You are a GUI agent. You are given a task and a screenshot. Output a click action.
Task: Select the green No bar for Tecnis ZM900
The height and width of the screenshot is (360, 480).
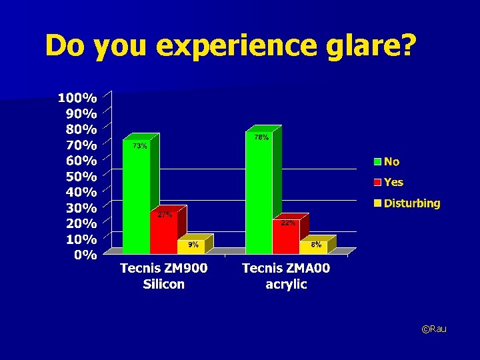click(x=136, y=200)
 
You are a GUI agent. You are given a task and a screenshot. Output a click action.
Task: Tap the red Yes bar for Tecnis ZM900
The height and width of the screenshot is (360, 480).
click(x=163, y=233)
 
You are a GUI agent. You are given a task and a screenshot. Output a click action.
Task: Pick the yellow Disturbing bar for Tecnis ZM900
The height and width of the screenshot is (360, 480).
click(x=191, y=247)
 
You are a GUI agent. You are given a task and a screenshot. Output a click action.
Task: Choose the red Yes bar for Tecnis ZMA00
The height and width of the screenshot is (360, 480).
click(x=286, y=237)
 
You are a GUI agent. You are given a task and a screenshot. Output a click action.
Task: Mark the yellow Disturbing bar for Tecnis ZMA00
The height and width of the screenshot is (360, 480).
click(x=314, y=247)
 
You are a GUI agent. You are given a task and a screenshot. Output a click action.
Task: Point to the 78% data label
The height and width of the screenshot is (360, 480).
click(x=261, y=137)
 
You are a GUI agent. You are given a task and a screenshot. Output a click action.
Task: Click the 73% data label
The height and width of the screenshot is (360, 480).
click(x=139, y=146)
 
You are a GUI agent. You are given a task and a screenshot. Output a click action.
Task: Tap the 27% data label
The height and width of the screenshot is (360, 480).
click(x=165, y=215)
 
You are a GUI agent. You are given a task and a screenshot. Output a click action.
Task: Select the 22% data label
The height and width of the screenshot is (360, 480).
click(x=288, y=223)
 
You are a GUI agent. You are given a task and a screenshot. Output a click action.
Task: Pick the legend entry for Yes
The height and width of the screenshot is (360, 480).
click(x=393, y=182)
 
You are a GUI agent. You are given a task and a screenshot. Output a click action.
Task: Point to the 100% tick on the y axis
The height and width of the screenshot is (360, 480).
click(x=77, y=98)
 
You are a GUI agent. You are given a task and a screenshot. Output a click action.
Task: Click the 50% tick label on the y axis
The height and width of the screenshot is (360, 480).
click(x=81, y=177)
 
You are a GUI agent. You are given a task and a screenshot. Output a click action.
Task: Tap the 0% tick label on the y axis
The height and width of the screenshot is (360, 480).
click(x=85, y=255)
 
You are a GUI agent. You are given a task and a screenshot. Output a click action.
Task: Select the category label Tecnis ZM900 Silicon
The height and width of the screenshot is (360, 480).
click(x=163, y=276)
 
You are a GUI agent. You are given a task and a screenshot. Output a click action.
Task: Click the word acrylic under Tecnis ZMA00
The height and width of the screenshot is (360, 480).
click(x=285, y=285)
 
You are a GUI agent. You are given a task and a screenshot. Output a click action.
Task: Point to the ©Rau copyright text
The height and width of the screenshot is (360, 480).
click(x=434, y=329)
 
